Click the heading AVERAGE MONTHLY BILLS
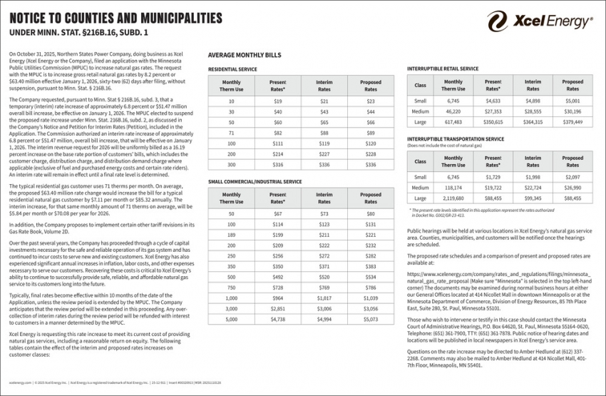pos(244,55)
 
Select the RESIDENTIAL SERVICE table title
pos(232,69)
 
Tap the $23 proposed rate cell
pos(370,101)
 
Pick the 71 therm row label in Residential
pos(231,133)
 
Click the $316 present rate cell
pos(277,164)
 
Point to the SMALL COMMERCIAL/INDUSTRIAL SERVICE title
pos(255,182)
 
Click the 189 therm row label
pos(231,234)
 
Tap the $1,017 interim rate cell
pos(324,298)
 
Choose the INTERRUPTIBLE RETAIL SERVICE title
pos(442,68)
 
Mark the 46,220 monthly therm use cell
pos(453,111)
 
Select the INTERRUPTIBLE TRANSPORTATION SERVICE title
pos(455,139)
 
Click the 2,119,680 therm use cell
pos(453,198)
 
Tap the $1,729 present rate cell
pos(493,177)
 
